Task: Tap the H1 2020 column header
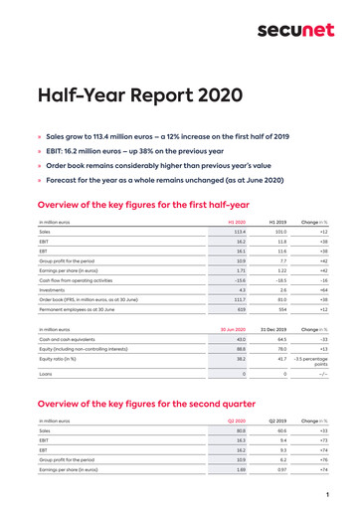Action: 237,221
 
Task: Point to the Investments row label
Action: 52,289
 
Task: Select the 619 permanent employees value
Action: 241,309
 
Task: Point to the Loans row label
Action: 46,375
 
